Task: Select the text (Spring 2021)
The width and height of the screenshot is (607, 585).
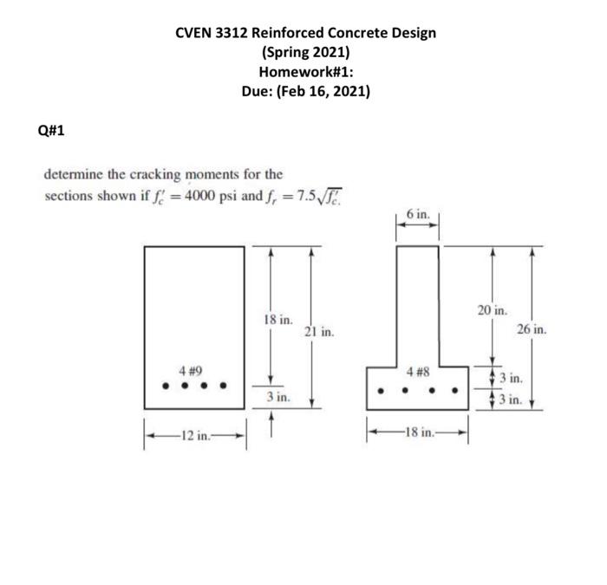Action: point(304,52)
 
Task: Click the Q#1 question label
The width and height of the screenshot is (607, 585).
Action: point(51,132)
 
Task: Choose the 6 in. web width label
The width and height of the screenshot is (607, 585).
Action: point(416,211)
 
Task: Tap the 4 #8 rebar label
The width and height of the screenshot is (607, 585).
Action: point(419,372)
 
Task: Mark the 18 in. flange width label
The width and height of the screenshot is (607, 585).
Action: point(419,435)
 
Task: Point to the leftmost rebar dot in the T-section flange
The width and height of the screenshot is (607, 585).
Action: point(382,387)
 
